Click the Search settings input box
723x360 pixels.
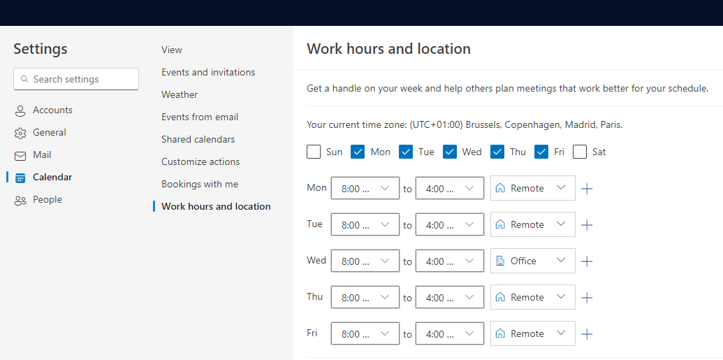pos(76,79)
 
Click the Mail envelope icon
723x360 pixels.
pos(20,156)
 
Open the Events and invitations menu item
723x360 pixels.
pos(208,72)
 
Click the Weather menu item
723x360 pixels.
pos(180,94)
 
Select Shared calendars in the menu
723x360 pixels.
pos(198,139)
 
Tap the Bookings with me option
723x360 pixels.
pos(200,184)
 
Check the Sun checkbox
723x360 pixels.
pos(314,152)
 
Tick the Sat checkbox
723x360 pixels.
pos(580,152)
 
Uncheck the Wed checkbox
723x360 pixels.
pos(450,152)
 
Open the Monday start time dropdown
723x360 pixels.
pos(365,188)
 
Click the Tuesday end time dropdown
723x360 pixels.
pos(450,225)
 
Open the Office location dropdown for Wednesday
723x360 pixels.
pos(532,261)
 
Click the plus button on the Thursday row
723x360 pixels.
pos(587,298)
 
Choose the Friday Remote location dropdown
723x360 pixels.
pos(532,333)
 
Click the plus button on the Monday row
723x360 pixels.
pos(587,189)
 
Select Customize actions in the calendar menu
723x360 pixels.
pos(200,161)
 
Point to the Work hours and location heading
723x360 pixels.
pos(388,48)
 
